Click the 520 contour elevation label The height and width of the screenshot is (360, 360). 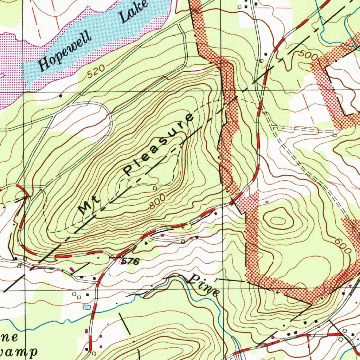click(96, 72)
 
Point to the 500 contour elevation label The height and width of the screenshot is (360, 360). click(309, 55)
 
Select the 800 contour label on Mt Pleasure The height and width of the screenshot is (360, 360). click(157, 202)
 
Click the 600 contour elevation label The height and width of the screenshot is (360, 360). click(343, 246)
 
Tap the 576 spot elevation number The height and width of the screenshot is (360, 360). click(130, 261)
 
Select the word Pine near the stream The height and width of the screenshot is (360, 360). click(204, 285)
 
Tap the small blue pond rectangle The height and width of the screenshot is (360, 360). click(87, 307)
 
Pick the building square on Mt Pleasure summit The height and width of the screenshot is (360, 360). click(155, 188)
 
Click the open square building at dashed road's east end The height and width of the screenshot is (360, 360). click(334, 135)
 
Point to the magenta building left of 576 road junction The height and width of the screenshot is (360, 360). click(72, 270)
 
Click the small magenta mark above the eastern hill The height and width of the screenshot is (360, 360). click(266, 202)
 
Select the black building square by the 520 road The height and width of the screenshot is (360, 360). click(61, 95)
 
